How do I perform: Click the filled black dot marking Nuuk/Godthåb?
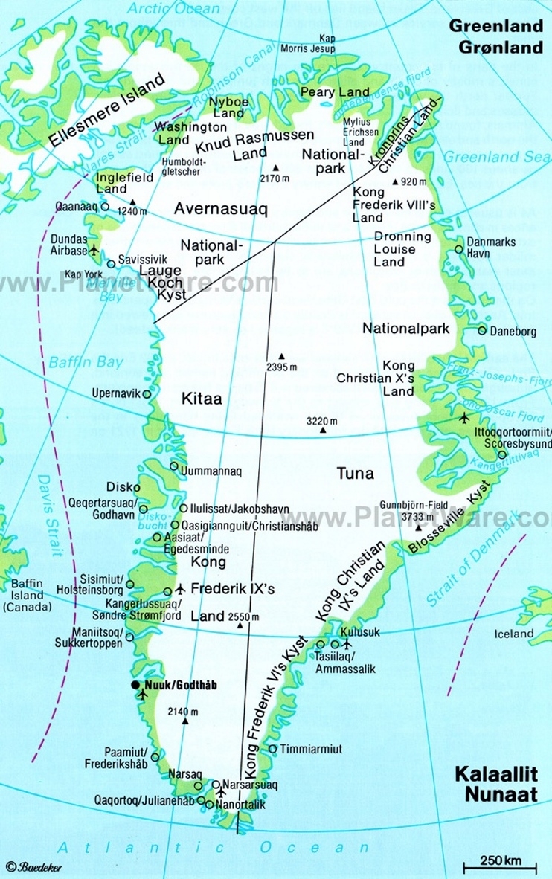click(x=135, y=684)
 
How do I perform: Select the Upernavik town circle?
click(x=147, y=394)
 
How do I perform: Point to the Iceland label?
click(x=514, y=634)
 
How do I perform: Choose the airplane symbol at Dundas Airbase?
click(x=94, y=248)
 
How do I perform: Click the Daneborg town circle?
click(x=482, y=331)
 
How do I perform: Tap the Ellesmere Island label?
click(x=106, y=112)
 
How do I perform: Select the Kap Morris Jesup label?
click(x=316, y=44)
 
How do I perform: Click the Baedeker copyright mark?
click(x=34, y=867)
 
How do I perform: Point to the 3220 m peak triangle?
click(x=323, y=429)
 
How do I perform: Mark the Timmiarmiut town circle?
click(x=273, y=749)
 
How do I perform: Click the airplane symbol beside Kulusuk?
click(x=346, y=643)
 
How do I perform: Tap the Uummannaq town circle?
click(x=174, y=466)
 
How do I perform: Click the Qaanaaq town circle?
click(x=104, y=207)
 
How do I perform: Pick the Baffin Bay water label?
click(x=86, y=362)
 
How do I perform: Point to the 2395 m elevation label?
click(x=280, y=367)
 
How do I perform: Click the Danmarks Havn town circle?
click(x=459, y=248)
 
